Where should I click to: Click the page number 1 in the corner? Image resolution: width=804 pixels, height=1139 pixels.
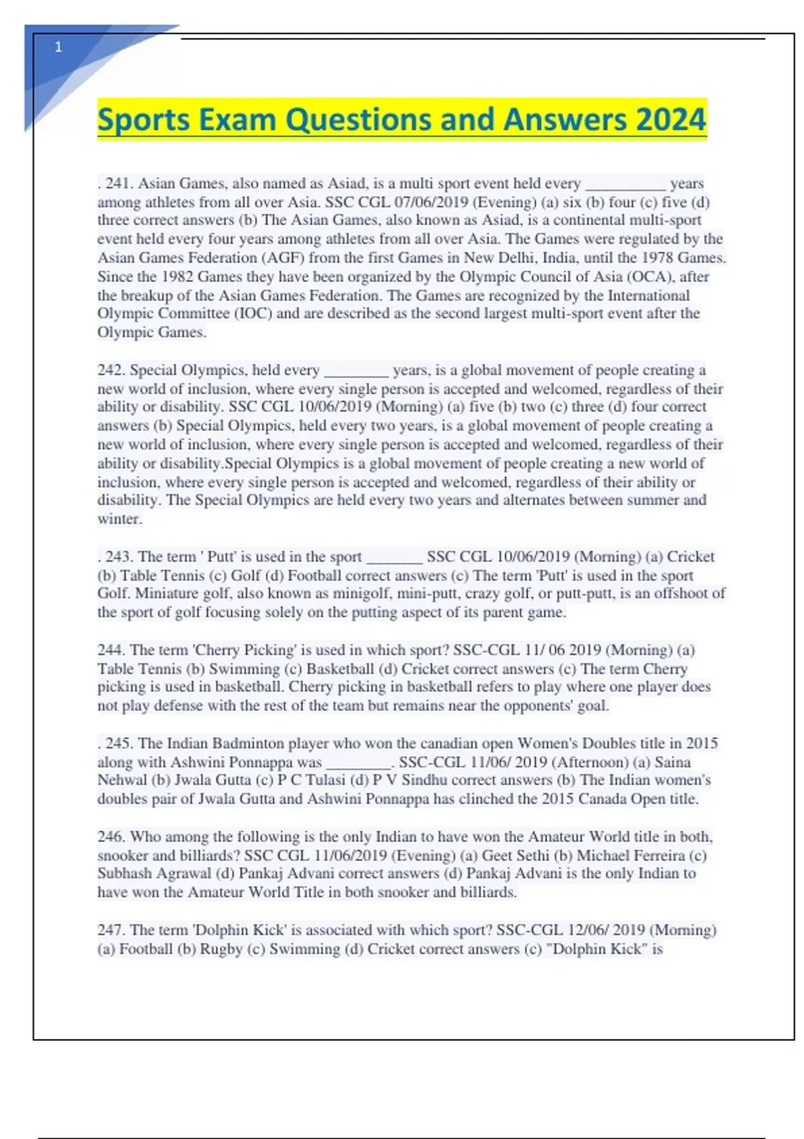coord(58,47)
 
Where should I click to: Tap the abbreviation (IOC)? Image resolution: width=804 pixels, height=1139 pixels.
coord(252,314)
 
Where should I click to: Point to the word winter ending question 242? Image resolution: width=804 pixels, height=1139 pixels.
coord(119,519)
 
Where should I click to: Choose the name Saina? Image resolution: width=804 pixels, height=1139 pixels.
coord(672,762)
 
